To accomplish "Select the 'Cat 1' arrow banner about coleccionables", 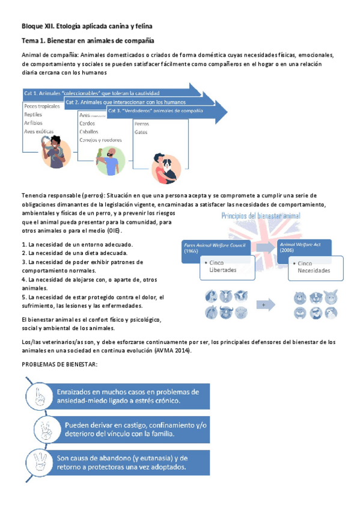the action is (x=84, y=94).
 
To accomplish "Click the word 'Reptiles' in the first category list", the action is (x=34, y=114).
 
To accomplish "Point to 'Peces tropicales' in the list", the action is (x=42, y=106).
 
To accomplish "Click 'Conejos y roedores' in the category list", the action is (x=100, y=140).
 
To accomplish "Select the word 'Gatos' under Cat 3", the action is (x=141, y=132).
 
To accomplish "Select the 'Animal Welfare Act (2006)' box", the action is (x=304, y=248).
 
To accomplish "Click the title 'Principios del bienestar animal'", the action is (x=261, y=216).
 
